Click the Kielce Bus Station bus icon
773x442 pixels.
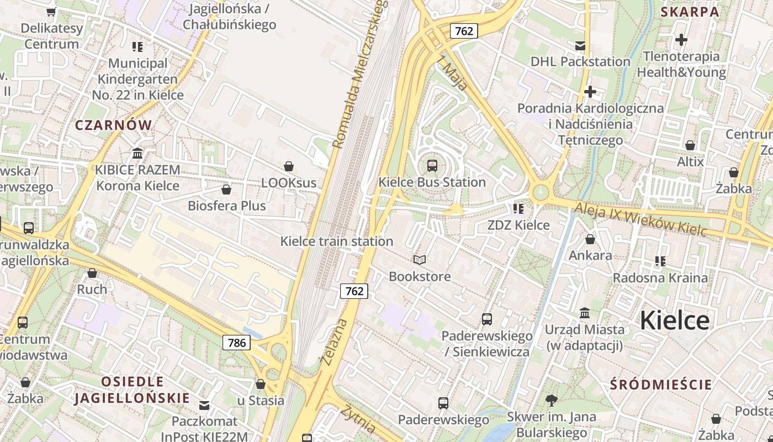[x=432, y=165]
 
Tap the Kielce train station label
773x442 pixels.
[x=337, y=241]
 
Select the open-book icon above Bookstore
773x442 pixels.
[x=420, y=260]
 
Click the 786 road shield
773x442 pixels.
[x=237, y=343]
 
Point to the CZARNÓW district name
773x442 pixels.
[x=113, y=125]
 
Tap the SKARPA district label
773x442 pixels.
[x=690, y=12]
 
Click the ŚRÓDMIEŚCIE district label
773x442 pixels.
[x=661, y=385]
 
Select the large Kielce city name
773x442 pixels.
[x=674, y=320]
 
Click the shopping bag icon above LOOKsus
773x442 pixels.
[x=288, y=166]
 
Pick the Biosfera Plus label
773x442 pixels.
[x=227, y=206]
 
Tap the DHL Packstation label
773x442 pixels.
[x=580, y=61]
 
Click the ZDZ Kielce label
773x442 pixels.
[x=518, y=225]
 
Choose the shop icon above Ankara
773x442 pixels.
[x=590, y=239]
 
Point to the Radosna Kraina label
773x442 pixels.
[x=660, y=277]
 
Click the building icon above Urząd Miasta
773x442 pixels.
[x=585, y=313]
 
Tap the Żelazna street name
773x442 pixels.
[x=334, y=342]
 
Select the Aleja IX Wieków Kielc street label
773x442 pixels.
[x=640, y=218]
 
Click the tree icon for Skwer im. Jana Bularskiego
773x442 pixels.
[x=550, y=401]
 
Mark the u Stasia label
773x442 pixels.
[x=261, y=401]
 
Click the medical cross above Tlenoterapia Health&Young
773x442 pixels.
[x=681, y=40]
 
